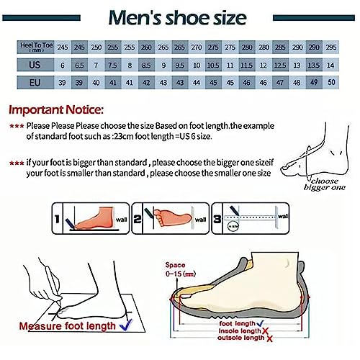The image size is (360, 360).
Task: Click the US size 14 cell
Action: pos(331,65)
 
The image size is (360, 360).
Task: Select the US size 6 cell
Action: pos(63,65)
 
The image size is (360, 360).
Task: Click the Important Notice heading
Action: pos(56,111)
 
